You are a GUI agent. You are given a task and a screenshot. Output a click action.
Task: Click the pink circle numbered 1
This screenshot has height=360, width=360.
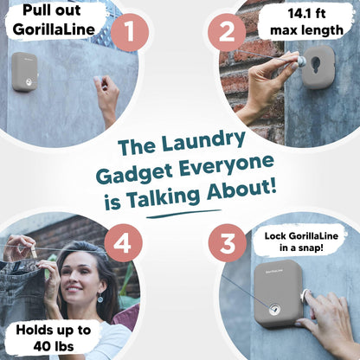point(130,32)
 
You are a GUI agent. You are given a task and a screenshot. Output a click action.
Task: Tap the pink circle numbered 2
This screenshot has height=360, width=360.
point(227,32)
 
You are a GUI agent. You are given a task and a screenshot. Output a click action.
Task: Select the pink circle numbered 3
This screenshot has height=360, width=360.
point(228,243)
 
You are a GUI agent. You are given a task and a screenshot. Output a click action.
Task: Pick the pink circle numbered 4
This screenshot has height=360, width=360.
point(123,243)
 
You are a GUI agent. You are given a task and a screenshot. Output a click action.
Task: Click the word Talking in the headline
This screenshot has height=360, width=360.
point(164,197)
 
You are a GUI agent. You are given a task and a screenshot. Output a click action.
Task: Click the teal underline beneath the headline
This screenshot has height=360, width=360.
point(183,214)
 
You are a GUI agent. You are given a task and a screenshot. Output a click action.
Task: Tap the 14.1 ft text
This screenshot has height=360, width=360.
point(307,14)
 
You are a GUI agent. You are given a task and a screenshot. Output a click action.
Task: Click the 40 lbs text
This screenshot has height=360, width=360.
point(54,346)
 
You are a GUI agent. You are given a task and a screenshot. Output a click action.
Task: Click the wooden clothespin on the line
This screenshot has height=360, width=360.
point(34,252)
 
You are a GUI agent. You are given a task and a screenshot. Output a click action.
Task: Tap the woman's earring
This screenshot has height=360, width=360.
point(100,298)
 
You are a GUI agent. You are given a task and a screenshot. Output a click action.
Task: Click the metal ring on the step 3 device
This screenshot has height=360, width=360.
point(273,309)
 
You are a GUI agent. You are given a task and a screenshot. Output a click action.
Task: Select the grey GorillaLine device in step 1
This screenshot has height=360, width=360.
point(25,72)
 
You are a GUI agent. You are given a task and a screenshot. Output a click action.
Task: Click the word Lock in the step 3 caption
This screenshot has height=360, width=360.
point(275,236)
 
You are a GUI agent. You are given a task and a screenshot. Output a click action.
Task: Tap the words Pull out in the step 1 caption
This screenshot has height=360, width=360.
point(52,10)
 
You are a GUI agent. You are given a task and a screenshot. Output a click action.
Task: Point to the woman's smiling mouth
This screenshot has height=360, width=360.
point(74,288)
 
